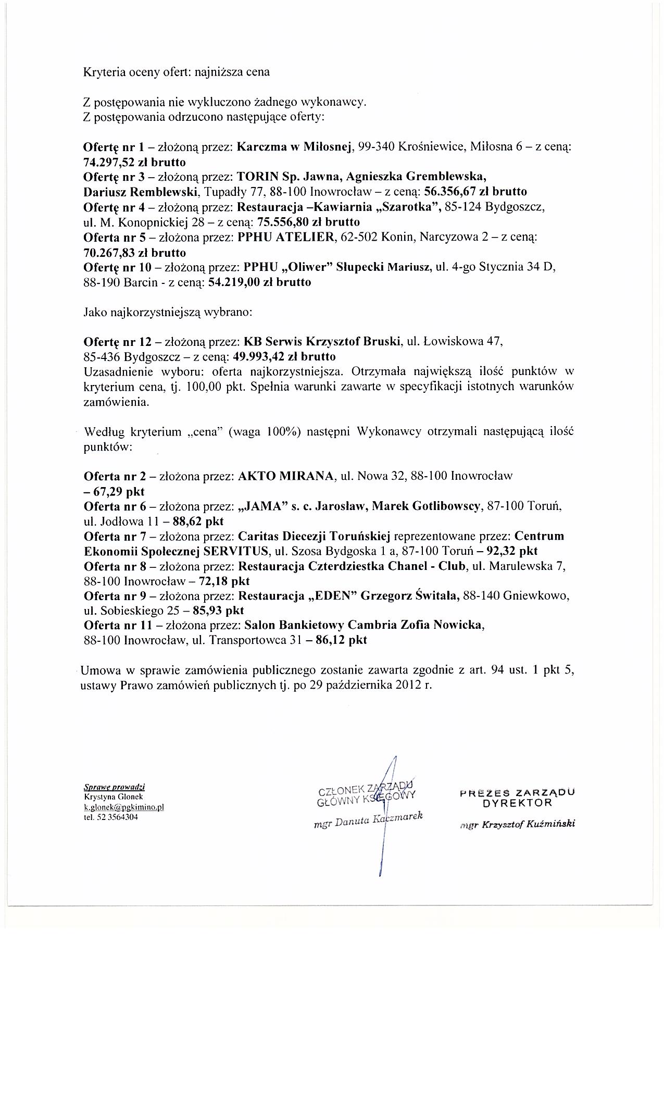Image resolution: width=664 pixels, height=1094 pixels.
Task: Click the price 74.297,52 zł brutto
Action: tap(134, 161)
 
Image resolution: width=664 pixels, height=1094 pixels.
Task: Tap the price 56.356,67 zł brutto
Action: tap(475, 191)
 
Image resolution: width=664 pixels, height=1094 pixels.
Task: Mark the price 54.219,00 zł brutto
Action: tap(259, 282)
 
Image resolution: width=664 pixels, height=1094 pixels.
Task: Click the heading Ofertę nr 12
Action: tap(117, 342)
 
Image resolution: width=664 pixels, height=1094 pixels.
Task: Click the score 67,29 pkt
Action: tap(114, 491)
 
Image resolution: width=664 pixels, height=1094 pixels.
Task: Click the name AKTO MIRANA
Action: tap(285, 476)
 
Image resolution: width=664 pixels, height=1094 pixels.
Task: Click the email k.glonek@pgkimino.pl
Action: tap(124, 807)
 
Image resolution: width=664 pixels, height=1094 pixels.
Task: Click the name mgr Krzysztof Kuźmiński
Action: tap(517, 824)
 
